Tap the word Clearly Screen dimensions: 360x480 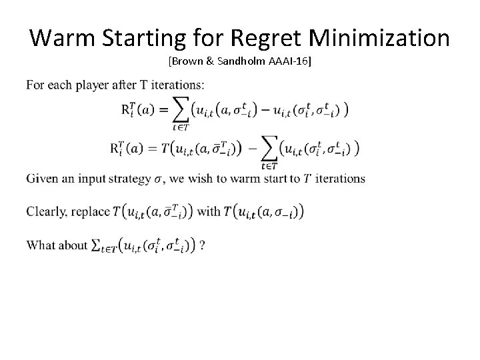47,211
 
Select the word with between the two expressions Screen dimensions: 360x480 209,211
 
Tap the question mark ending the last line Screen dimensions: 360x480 202,245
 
